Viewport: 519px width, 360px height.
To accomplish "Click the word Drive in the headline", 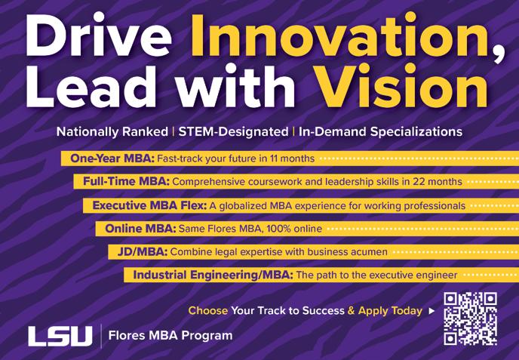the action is (x=99, y=35).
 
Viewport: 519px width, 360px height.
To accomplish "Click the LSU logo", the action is (x=60, y=336).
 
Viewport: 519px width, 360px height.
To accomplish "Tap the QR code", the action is (x=471, y=318).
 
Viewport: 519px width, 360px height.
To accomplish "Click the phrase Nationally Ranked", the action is (x=112, y=132).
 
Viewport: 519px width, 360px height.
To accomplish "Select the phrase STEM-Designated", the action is (x=233, y=132).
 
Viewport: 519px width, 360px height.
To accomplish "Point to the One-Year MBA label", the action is (x=112, y=158).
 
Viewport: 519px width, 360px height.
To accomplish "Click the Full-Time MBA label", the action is (x=126, y=181).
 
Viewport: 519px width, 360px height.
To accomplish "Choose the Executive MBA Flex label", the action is (x=149, y=206).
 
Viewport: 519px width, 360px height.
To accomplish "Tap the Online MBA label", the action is (x=140, y=229).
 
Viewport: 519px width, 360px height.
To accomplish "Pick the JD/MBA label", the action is (x=143, y=252).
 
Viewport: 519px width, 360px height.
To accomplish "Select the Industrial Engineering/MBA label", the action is (x=213, y=275).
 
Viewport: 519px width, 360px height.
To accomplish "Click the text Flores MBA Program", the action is (x=170, y=336).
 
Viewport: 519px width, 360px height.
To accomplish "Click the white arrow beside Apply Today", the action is (x=431, y=311).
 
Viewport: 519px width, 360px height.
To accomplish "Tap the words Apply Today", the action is (x=390, y=311).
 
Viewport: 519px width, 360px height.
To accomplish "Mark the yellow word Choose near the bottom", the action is (x=208, y=311).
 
